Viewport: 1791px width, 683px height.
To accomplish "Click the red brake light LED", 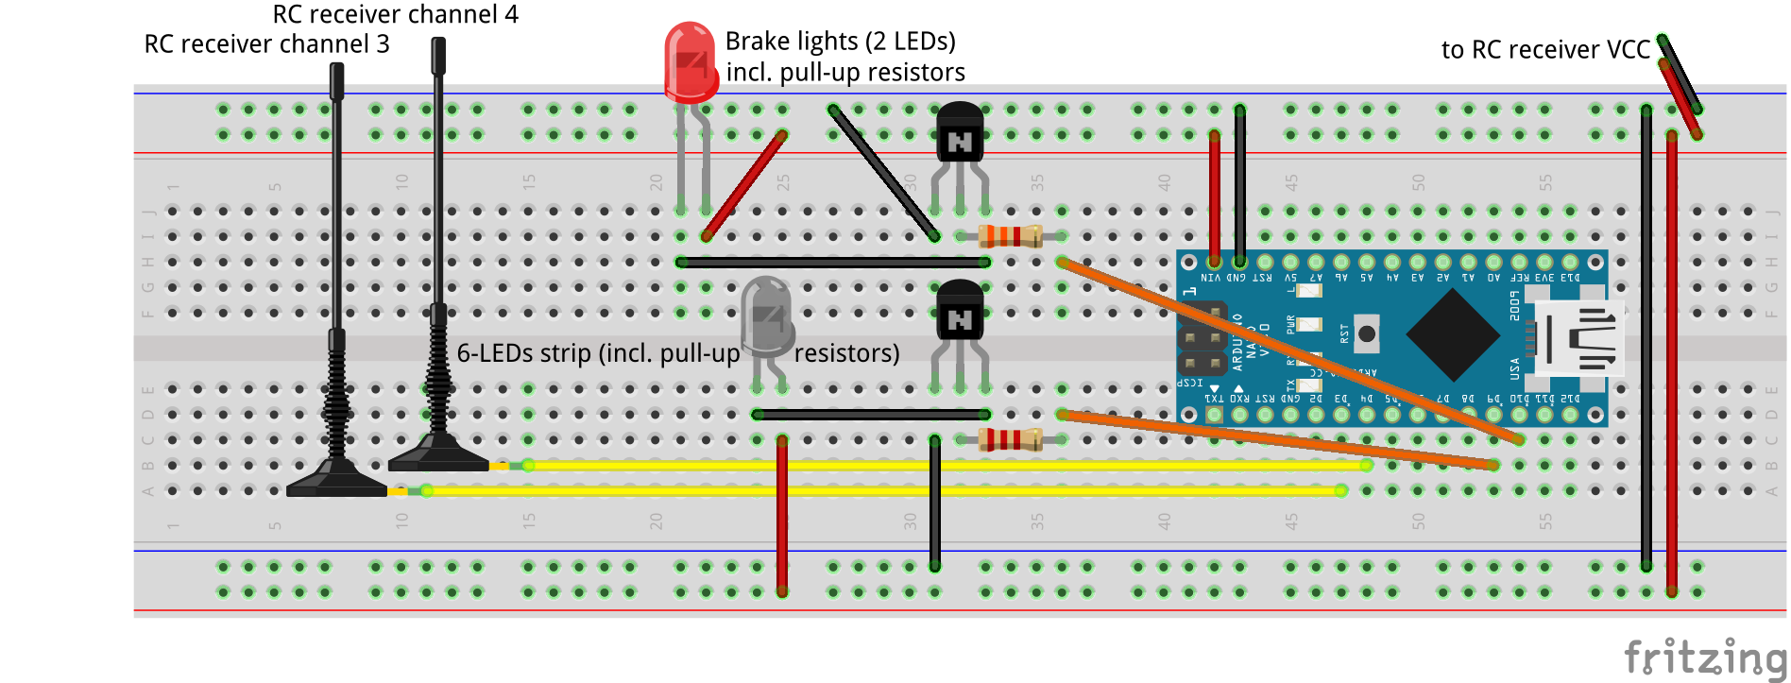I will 691,62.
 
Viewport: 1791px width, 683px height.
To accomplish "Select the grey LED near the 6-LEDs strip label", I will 766,316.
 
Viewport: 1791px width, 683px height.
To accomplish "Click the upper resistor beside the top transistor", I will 1010,236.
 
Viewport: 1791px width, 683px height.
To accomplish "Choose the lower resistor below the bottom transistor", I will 1010,439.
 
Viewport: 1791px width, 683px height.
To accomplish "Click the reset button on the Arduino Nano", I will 1366,333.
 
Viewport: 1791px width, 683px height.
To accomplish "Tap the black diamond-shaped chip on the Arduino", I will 1453,334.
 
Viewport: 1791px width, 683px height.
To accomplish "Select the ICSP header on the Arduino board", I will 1202,338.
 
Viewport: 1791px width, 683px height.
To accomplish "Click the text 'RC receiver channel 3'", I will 266,44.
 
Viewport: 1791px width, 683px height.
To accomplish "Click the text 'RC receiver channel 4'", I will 395,14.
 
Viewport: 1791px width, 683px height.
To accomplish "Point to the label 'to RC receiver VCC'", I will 1545,50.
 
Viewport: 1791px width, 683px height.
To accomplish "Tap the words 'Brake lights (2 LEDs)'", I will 840,42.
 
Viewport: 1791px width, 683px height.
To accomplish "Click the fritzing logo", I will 1704,657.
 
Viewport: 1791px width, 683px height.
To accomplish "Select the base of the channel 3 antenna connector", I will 336,485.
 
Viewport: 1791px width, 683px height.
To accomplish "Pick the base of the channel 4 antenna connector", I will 438,459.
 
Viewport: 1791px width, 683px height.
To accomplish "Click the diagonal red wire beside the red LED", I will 744,185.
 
